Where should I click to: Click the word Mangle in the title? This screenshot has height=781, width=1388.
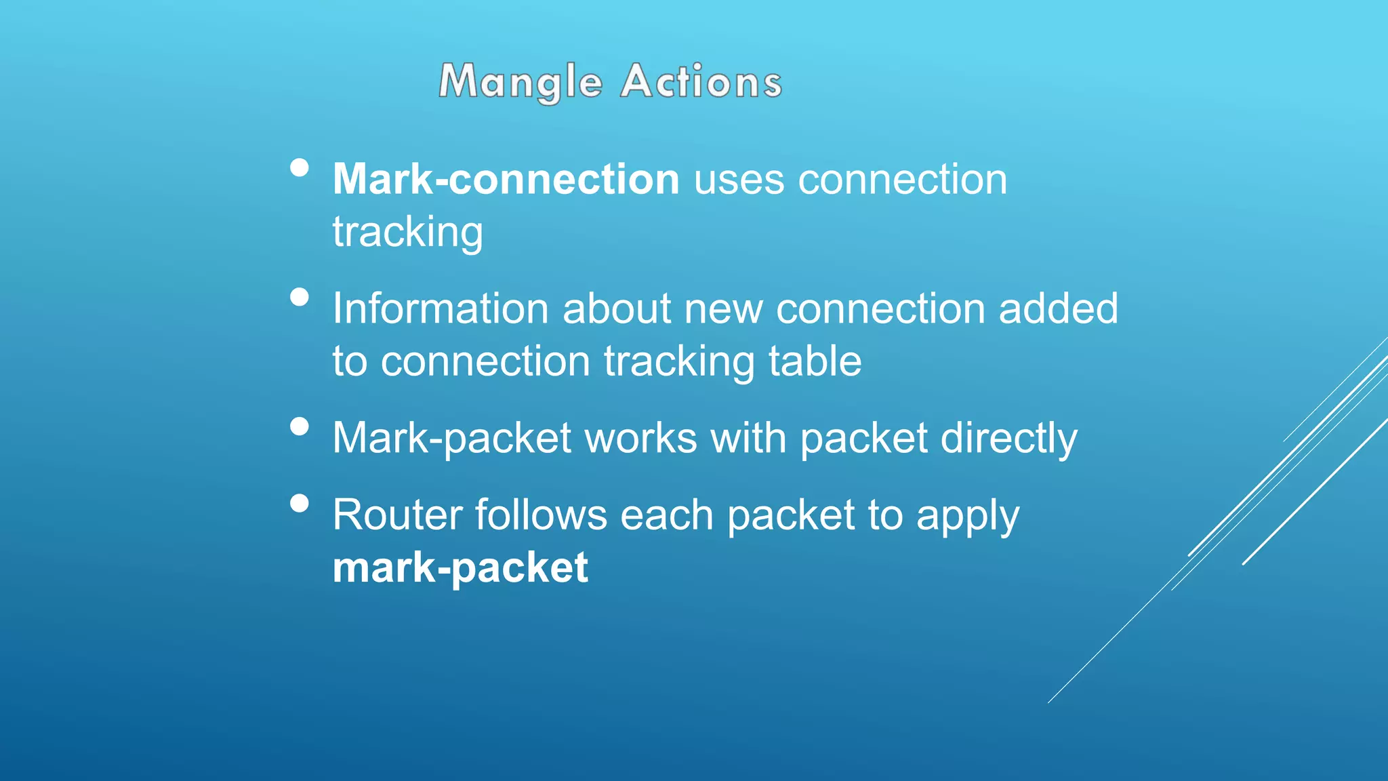point(520,82)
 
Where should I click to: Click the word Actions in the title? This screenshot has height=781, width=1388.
point(701,82)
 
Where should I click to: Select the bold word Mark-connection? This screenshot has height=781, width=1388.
point(506,180)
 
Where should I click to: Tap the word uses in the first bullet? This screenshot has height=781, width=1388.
point(739,180)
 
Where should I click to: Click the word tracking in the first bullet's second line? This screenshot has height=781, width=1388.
point(407,233)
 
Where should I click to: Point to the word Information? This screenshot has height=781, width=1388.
point(441,309)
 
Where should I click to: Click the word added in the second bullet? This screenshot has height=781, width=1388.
point(1058,309)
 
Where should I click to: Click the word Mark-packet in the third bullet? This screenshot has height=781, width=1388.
point(452,439)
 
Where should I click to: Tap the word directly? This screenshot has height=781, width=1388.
point(1008,439)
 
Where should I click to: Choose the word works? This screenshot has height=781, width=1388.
point(640,439)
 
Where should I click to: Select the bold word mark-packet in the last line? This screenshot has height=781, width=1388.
point(460,568)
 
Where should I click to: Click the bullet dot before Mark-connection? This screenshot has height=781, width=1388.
point(299,167)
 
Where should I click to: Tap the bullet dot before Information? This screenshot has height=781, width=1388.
point(299,297)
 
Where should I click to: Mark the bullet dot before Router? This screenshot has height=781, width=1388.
point(299,503)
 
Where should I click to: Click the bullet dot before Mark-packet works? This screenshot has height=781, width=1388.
point(299,426)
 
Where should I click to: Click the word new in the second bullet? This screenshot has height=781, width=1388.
point(723,309)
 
